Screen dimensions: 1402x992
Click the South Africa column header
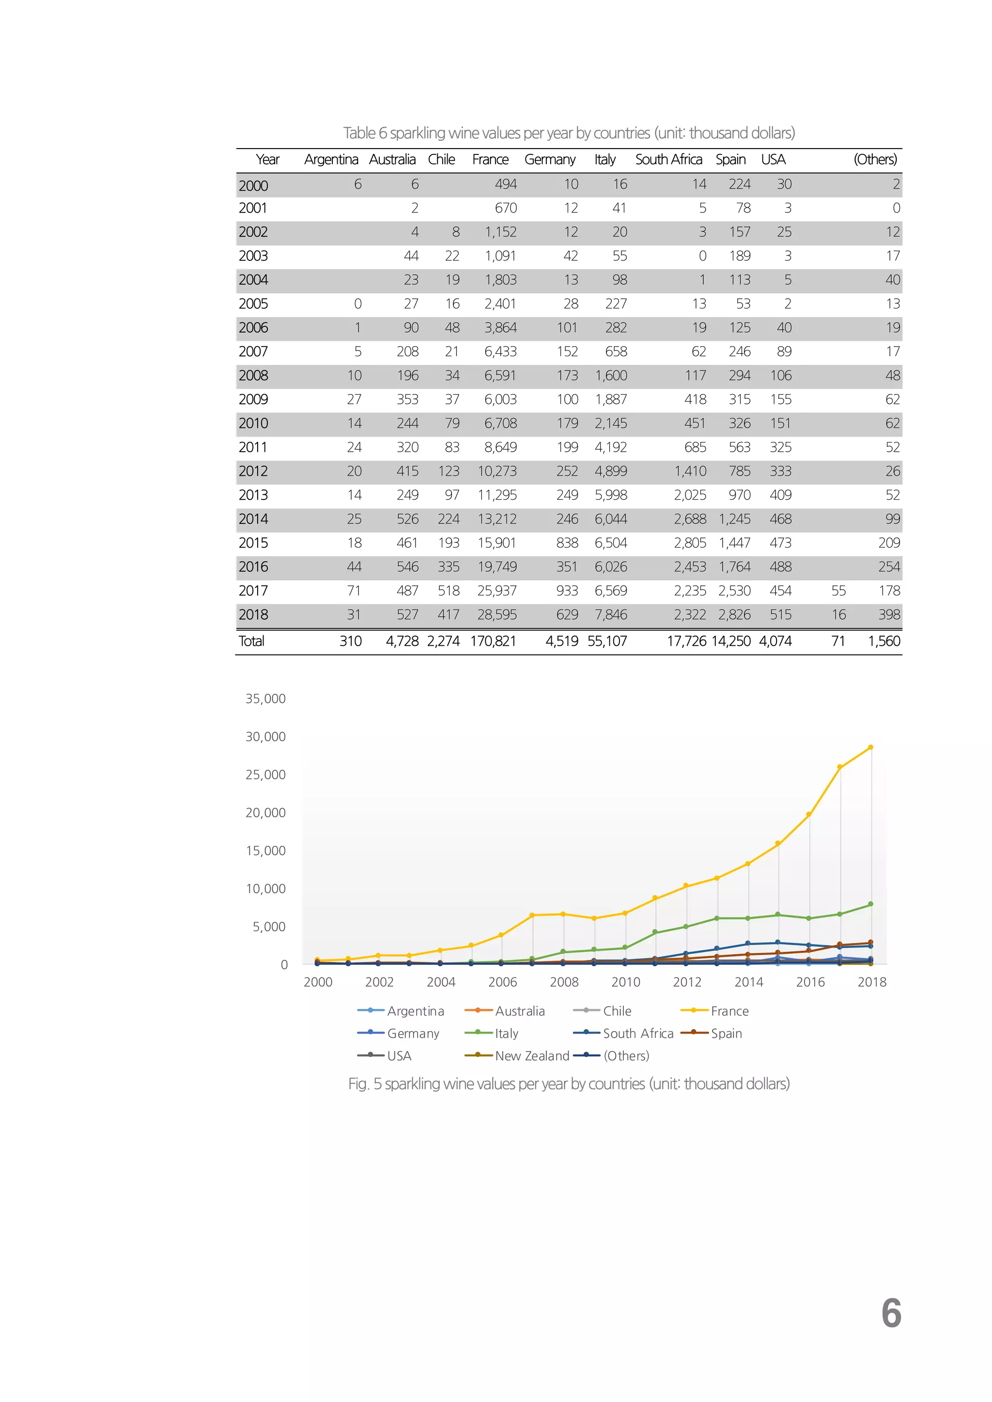668,160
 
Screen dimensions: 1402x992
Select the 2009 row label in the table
253,399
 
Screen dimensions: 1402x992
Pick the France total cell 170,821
493,641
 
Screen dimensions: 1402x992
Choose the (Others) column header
875,160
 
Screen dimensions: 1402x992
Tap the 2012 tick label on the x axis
687,982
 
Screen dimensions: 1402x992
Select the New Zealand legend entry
531,1056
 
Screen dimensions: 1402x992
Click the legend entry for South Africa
638,1033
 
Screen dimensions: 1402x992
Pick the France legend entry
729,1011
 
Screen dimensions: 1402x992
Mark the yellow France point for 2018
870,747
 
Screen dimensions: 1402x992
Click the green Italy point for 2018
870,904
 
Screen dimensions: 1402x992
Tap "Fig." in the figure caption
358,1084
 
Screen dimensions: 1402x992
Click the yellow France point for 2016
809,815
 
